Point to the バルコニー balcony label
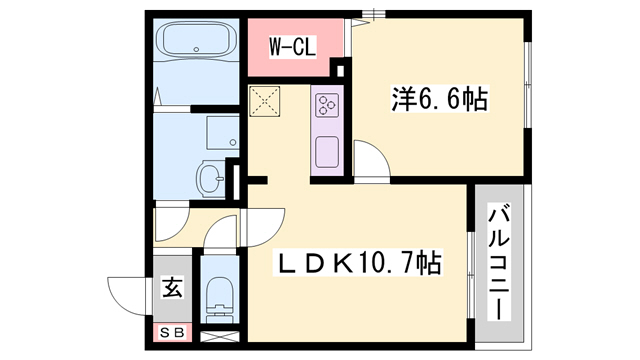tap(501, 261)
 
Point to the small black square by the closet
tap(338, 69)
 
